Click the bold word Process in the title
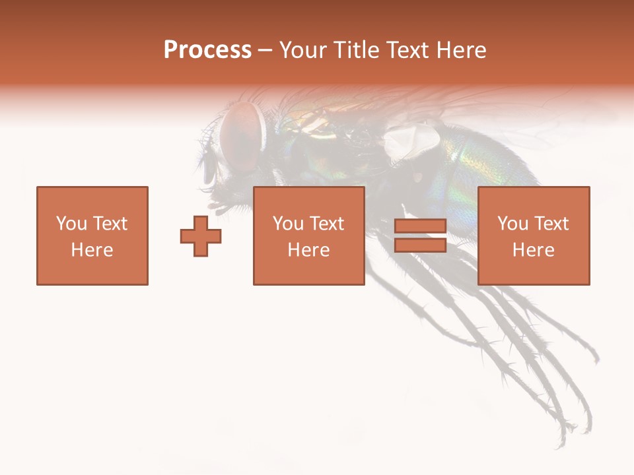coord(207,50)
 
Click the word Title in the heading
coord(355,50)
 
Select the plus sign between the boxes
coord(201,236)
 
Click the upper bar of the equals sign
coord(420,226)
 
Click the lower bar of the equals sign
coord(420,245)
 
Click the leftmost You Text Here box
coord(92,236)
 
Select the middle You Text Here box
coord(309,236)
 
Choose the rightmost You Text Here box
coord(534,236)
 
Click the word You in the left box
coord(71,224)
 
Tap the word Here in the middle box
coord(309,250)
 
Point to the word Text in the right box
coord(551,224)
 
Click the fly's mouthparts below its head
coord(221,201)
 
